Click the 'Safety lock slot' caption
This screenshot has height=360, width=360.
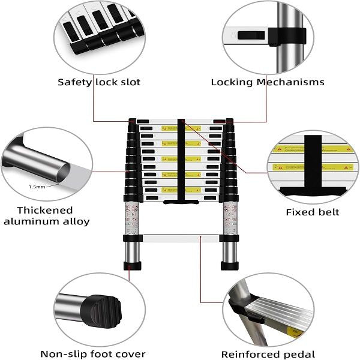pyautogui.click(x=99, y=82)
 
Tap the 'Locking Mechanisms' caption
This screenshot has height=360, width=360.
pyautogui.click(x=267, y=82)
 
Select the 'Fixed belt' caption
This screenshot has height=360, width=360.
pyautogui.click(x=312, y=212)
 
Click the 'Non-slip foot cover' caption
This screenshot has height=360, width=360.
pyautogui.click(x=93, y=354)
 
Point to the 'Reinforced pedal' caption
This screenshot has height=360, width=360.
pyautogui.click(x=268, y=354)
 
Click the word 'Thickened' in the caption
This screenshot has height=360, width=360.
pyautogui.click(x=45, y=210)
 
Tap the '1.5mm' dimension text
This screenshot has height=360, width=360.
pyautogui.click(x=37, y=187)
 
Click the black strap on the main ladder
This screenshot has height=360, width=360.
pyautogui.click(x=181, y=162)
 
